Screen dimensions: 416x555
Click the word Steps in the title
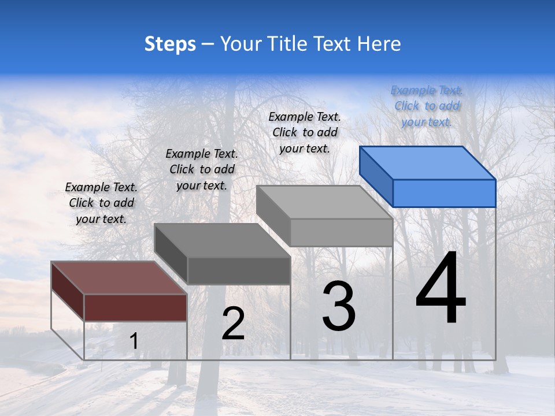click(170, 44)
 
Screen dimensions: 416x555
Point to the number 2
click(233, 324)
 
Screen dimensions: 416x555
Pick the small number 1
click(134, 341)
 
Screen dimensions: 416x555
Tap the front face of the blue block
click(444, 193)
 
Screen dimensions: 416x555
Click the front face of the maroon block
click(135, 307)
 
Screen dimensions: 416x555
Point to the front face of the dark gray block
click(239, 270)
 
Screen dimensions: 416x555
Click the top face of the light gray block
click(324, 202)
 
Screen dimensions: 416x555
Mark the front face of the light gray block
click(341, 232)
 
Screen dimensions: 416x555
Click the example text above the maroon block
click(101, 203)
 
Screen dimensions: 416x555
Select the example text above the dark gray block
click(202, 169)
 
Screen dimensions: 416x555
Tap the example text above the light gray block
click(305, 132)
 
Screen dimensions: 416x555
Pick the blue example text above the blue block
click(427, 106)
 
